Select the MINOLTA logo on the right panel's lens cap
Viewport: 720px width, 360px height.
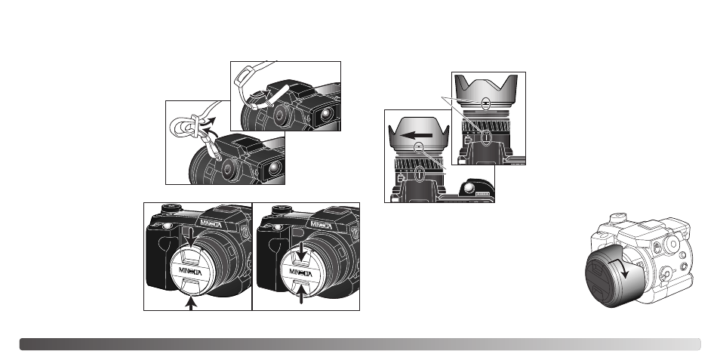[x=302, y=267]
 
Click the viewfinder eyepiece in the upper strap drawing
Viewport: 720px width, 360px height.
[x=326, y=114]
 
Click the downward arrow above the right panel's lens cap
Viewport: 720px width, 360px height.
[x=302, y=250]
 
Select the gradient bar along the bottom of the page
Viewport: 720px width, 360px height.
[x=360, y=344]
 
